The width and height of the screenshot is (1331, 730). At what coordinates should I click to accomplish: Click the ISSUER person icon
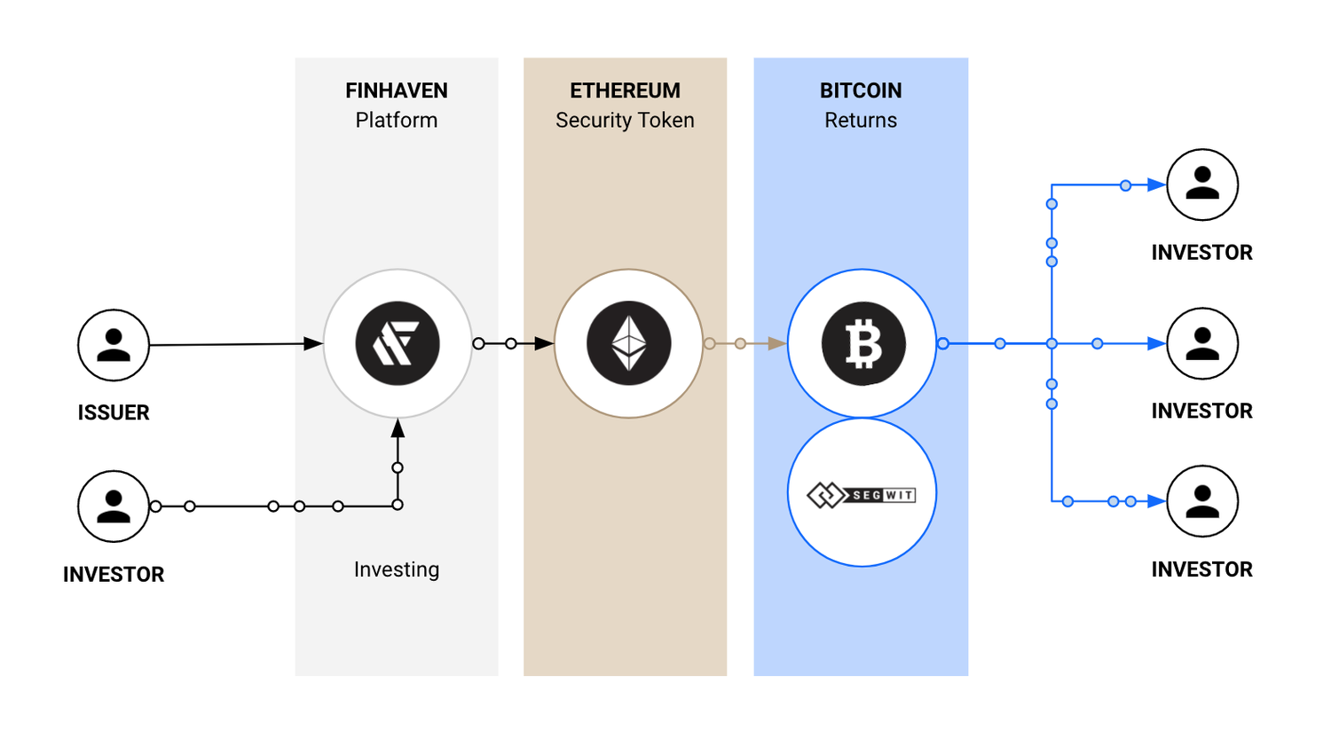(x=114, y=345)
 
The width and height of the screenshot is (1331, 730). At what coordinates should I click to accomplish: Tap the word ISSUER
(x=114, y=412)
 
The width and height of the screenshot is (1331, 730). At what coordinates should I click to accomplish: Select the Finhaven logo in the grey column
(x=398, y=343)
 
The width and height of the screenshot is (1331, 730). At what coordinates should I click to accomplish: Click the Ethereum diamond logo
(x=629, y=343)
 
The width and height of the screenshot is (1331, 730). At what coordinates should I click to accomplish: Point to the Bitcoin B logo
(x=862, y=343)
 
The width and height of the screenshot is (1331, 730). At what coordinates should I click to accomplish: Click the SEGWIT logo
(x=862, y=494)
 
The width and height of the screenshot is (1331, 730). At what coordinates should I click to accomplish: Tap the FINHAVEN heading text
(x=396, y=90)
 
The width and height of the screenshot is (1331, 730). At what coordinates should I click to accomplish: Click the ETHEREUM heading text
(x=625, y=90)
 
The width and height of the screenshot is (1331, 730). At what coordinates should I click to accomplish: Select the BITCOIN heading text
(x=861, y=90)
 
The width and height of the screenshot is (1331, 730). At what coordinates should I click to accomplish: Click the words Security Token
(x=625, y=121)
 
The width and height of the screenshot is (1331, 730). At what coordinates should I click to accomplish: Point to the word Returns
(x=861, y=121)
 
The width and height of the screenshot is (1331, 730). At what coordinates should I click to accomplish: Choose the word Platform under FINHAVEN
(x=396, y=121)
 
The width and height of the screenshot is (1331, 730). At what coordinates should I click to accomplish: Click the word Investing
(x=396, y=569)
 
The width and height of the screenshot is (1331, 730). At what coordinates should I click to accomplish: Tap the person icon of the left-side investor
(x=114, y=506)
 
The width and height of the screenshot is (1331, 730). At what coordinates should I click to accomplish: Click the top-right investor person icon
(x=1202, y=184)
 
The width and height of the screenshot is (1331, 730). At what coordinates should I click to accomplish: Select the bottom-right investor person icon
(x=1202, y=501)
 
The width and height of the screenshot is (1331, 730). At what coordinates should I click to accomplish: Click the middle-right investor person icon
(x=1202, y=343)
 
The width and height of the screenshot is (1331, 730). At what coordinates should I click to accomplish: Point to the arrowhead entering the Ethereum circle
(x=544, y=343)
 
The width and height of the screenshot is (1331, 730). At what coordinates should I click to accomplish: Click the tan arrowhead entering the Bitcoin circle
(x=776, y=343)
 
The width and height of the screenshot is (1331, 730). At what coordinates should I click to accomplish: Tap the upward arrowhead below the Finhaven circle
(x=398, y=428)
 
